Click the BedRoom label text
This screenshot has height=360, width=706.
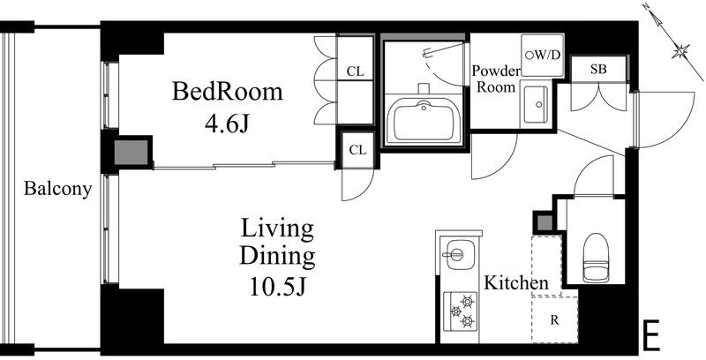pos(227,92)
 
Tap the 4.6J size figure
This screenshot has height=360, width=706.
pos(227,124)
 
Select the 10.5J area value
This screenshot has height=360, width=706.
pos(278,287)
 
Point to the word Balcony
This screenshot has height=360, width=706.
pos(57,189)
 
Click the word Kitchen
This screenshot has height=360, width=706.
pos(516,283)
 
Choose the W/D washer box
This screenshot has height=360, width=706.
pos(543,55)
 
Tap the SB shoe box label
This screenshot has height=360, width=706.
pos(598,70)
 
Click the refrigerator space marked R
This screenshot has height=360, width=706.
pos(554,320)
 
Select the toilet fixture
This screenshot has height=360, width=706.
pos(596,258)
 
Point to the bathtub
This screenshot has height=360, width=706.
pos(423,121)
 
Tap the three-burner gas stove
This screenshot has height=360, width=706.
pos(460,311)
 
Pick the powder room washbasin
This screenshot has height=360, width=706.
pos(536,105)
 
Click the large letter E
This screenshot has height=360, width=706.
pos(650,335)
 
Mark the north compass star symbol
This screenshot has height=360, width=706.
pos(680,50)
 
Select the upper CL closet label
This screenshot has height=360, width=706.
pos(356,71)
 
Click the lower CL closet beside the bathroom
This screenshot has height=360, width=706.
pos(358,150)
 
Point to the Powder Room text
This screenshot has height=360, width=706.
pos(496,79)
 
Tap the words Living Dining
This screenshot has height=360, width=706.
pos(277,243)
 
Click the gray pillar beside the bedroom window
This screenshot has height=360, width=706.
pos(131,153)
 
